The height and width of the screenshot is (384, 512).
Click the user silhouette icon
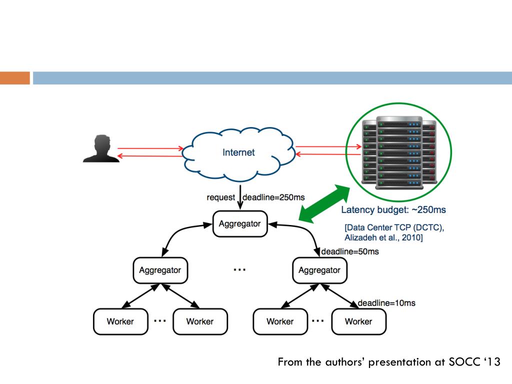pyautogui.click(x=101, y=148)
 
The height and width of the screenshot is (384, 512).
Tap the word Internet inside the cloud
pyautogui.click(x=238, y=152)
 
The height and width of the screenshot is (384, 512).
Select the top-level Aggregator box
pyautogui.click(x=240, y=223)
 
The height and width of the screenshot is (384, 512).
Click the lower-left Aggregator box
pyautogui.click(x=160, y=270)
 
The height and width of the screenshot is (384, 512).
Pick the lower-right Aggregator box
pyautogui.click(x=319, y=270)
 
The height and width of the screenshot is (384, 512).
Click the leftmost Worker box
pyautogui.click(x=120, y=321)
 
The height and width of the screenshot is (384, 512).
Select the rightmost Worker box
pyautogui.click(x=359, y=321)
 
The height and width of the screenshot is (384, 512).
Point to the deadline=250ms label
pyautogui.click(x=273, y=197)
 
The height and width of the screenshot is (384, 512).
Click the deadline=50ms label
pyautogui.click(x=350, y=251)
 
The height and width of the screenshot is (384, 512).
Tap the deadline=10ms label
pyautogui.click(x=386, y=303)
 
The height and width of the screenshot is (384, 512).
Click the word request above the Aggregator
pyautogui.click(x=220, y=197)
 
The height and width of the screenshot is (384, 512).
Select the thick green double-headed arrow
pyautogui.click(x=324, y=204)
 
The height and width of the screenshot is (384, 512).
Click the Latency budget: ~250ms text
pyautogui.click(x=393, y=209)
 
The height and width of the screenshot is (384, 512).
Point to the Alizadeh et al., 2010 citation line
pyautogui.click(x=383, y=237)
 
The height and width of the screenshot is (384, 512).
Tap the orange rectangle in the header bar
pyautogui.click(x=15, y=78)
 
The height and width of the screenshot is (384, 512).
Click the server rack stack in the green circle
pyautogui.click(x=399, y=153)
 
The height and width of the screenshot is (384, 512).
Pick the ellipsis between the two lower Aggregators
pyautogui.click(x=239, y=269)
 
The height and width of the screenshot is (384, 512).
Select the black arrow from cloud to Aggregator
pyautogui.click(x=240, y=197)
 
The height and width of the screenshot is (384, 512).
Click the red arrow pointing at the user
pyautogui.click(x=150, y=156)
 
